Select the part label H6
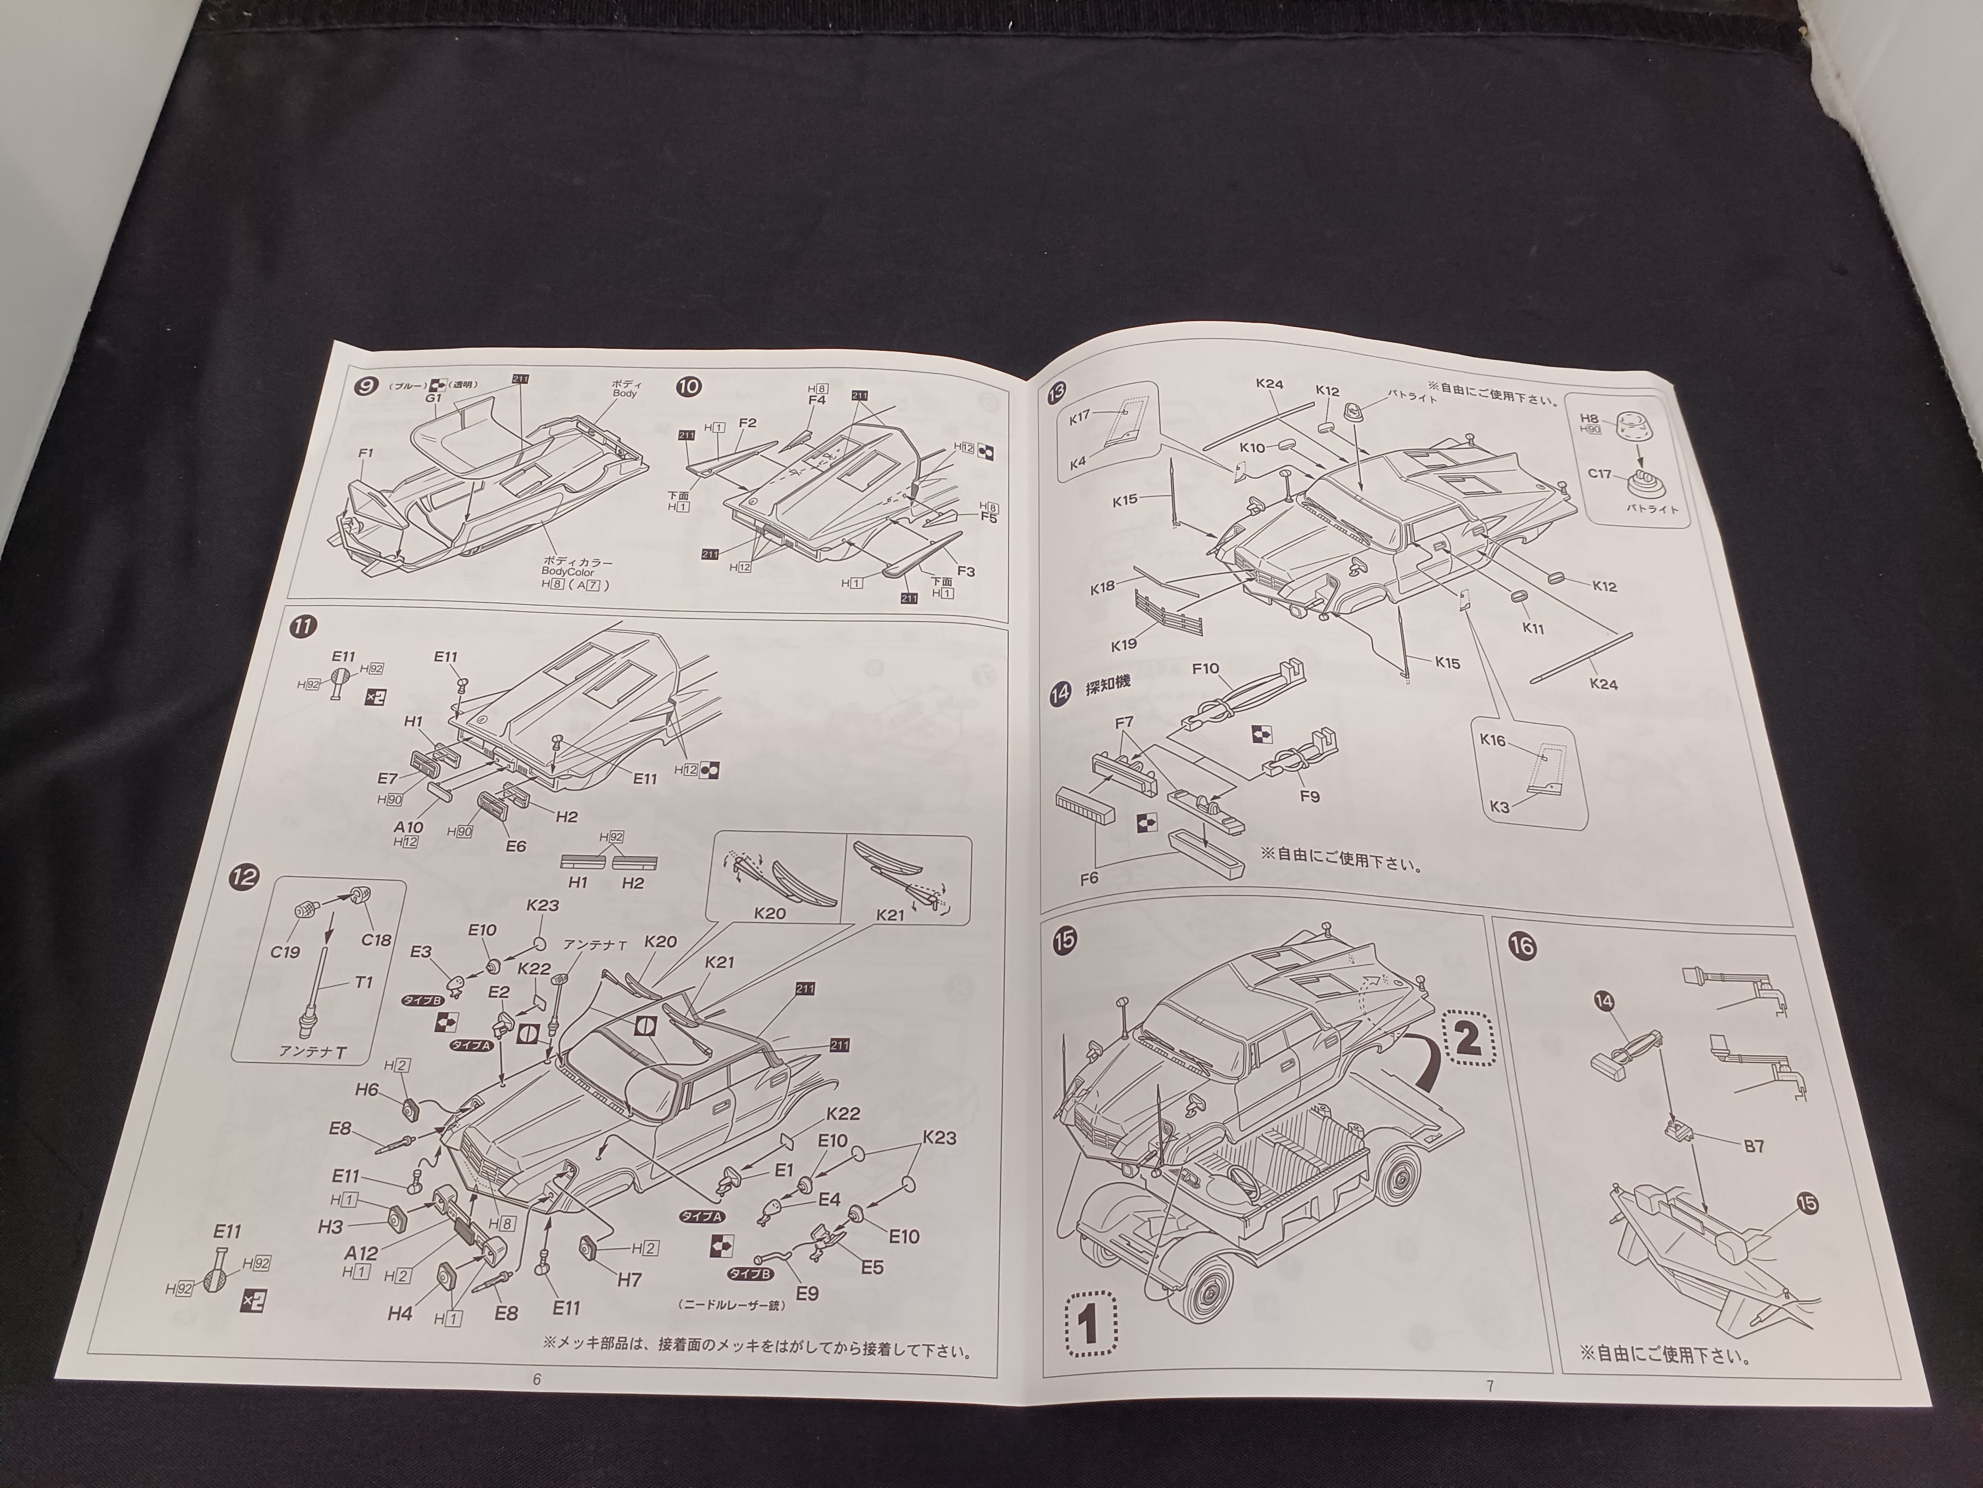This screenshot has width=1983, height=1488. [x=367, y=1090]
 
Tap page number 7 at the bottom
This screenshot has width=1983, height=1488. [x=1490, y=1386]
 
